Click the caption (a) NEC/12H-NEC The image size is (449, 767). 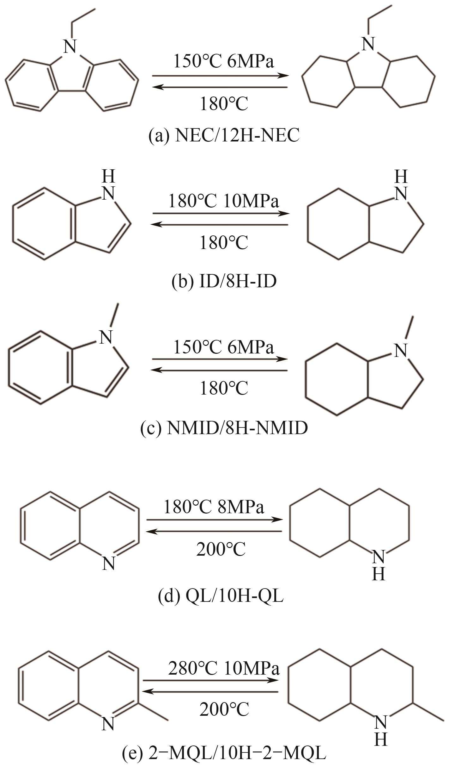point(224,136)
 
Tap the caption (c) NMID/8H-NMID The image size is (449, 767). point(224,428)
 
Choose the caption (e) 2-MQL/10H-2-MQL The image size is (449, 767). point(224,753)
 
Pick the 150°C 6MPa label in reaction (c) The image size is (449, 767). point(224,347)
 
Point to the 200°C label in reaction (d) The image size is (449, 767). point(221,549)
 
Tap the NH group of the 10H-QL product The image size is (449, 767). point(379,565)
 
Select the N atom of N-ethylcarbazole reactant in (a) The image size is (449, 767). point(70,47)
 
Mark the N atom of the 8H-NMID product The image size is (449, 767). point(401,351)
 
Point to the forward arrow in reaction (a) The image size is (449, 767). point(221,76)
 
